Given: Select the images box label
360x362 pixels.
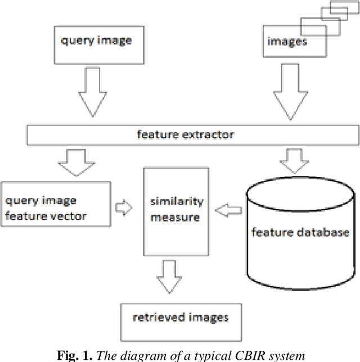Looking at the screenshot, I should click(x=287, y=41).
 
